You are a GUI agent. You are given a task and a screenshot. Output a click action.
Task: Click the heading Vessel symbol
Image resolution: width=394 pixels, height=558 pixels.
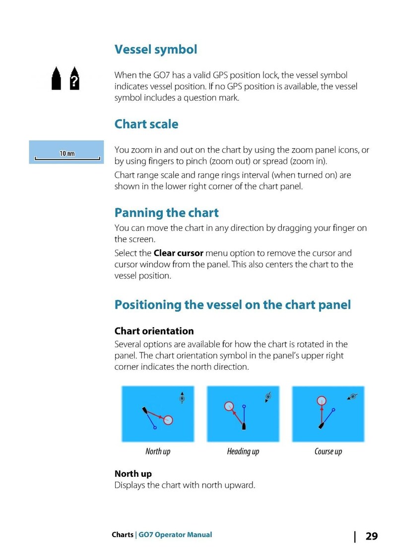pos(155,50)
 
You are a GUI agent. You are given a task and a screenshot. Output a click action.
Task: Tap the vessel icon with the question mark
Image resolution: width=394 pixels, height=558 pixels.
pos(74,78)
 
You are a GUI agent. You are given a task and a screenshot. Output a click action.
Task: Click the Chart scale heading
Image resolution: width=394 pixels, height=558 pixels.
pos(146,124)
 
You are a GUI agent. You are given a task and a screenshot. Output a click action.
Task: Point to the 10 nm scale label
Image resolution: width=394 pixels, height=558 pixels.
pos(67,154)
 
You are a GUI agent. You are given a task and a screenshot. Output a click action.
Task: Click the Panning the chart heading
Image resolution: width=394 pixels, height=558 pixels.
pos(166,213)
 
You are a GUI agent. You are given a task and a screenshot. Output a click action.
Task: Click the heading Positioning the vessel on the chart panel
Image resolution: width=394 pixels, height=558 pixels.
pos(232,304)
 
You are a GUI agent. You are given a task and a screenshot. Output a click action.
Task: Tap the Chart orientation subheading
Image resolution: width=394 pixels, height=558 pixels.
pos(154,331)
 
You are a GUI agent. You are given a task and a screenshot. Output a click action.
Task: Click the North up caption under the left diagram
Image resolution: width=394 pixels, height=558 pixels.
pos(158,451)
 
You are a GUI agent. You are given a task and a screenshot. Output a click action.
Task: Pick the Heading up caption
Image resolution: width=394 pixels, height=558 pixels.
pos(243,451)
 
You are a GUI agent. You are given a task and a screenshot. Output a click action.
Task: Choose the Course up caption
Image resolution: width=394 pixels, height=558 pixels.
pos(328,451)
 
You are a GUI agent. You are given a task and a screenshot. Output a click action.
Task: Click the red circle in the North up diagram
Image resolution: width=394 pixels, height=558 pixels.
pos(168,420)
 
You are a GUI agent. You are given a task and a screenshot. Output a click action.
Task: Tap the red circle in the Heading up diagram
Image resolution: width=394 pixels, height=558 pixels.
pos(229,406)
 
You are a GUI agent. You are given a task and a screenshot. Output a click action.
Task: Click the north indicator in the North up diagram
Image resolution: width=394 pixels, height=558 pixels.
pos(182,398)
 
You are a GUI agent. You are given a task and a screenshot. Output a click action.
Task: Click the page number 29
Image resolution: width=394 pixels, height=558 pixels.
pos(371,537)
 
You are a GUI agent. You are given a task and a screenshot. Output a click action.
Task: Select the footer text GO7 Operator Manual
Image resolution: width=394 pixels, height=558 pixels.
pos(175,535)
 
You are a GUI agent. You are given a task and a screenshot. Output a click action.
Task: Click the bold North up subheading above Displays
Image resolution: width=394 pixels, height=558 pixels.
pos(133,474)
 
